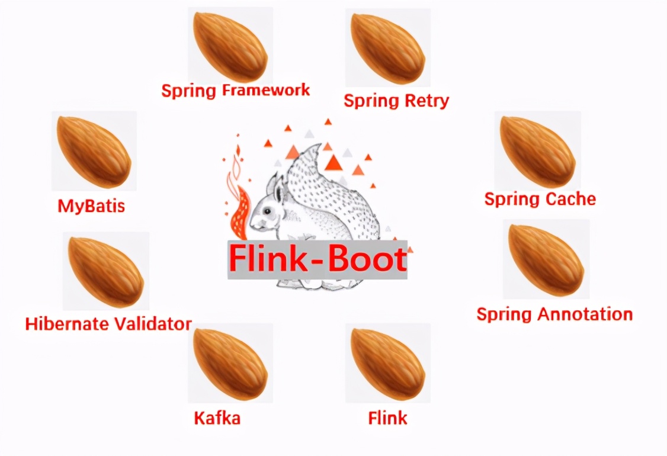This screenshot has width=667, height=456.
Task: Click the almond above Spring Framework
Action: tap(230, 46)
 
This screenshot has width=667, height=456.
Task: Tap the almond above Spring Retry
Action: tap(387, 47)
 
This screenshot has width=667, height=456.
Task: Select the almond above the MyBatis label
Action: tap(94, 150)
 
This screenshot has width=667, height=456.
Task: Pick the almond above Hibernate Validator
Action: tap(106, 271)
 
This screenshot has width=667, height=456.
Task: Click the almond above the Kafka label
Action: tap(230, 363)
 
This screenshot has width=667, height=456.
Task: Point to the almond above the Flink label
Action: tap(387, 363)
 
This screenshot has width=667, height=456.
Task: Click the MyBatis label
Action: tap(91, 206)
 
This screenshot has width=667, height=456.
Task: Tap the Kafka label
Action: tap(217, 418)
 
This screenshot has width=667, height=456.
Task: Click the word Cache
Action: tap(570, 199)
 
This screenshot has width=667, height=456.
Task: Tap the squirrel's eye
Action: tap(267, 211)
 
